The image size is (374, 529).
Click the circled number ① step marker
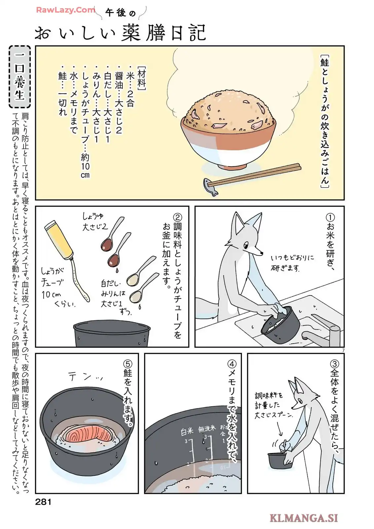[x=330, y=218]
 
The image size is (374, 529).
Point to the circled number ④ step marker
[x=232, y=364]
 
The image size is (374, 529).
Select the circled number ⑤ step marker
[x=128, y=364]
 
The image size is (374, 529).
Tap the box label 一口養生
[x=20, y=77]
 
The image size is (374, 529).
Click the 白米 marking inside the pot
[x=187, y=432]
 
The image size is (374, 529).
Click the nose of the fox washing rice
[x=261, y=253]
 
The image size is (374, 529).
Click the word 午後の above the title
[x=120, y=13]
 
